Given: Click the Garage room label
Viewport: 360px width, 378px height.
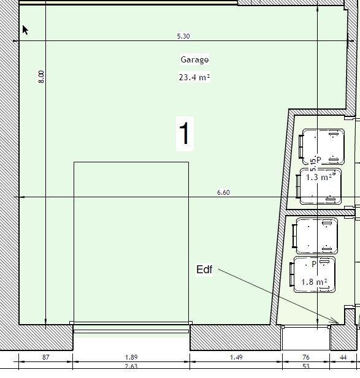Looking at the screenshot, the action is click(x=194, y=60).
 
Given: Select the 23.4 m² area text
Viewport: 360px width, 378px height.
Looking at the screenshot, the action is click(x=194, y=77).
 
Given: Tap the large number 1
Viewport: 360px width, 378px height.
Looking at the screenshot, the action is click(x=185, y=133).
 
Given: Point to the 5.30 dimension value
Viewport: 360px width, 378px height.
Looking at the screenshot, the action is click(x=183, y=36).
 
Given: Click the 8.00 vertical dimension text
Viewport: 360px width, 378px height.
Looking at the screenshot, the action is click(x=42, y=77).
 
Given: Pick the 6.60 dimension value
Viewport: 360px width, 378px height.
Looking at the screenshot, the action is click(x=223, y=192).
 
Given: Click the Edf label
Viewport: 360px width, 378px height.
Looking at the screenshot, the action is click(x=204, y=270).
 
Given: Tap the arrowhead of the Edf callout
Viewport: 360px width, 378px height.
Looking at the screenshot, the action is click(x=337, y=322).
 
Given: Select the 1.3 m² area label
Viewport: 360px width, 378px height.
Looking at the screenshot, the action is click(x=319, y=178).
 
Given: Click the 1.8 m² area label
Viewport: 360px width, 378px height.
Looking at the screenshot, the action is click(x=314, y=282).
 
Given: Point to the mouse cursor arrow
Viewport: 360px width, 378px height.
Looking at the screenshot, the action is click(x=25, y=30).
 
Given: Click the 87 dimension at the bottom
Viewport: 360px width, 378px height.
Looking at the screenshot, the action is click(x=45, y=357).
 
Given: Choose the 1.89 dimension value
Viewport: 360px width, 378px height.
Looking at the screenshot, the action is click(x=131, y=357).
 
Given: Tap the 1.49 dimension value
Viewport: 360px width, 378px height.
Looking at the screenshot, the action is click(x=236, y=357).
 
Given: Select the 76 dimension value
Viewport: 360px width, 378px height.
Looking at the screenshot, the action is click(x=305, y=357).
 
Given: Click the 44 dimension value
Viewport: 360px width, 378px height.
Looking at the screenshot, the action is click(x=343, y=357).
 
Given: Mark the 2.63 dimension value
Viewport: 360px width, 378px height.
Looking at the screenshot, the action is click(x=131, y=366).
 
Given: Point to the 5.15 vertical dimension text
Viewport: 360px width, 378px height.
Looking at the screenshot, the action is click(x=313, y=165).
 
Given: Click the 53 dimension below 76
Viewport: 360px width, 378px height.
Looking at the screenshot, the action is click(x=305, y=366).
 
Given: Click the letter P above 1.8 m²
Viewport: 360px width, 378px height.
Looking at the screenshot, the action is click(x=313, y=264).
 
